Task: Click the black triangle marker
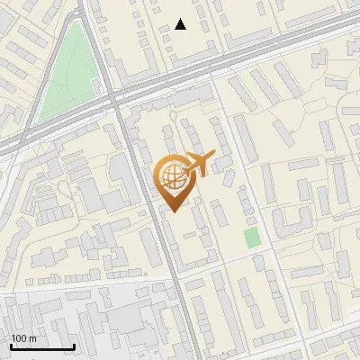click(181, 24)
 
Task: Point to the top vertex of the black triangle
click(181, 19)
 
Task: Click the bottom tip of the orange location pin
click(173, 212)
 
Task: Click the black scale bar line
click(42, 347)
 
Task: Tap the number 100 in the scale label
click(19, 338)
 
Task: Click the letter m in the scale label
click(32, 338)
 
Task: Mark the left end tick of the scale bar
click(11, 345)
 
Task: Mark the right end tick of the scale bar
click(74, 345)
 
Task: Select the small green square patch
click(252, 238)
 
